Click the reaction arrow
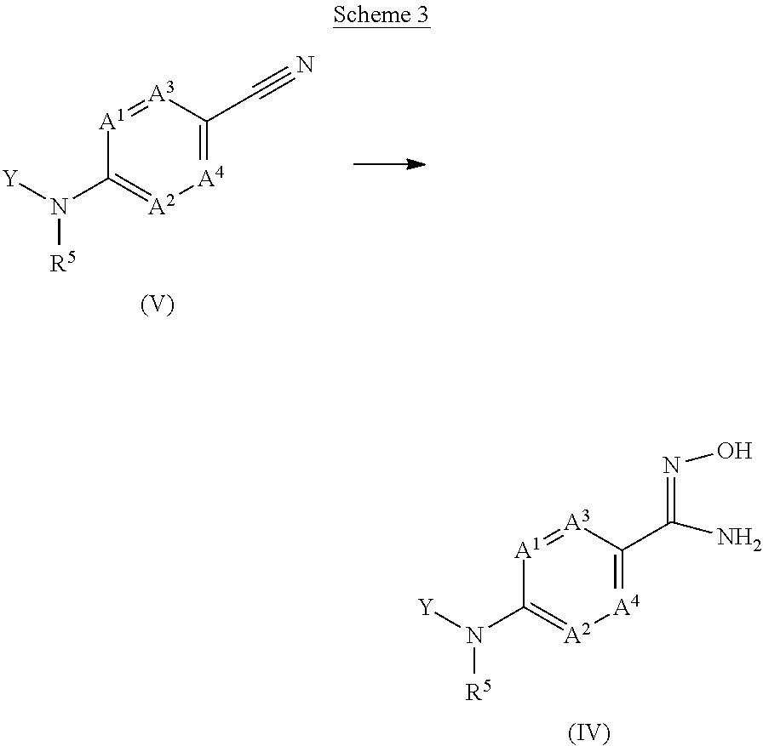[389, 163]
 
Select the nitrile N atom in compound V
[305, 64]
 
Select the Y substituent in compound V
[10, 179]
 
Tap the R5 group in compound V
[61, 262]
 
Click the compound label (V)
[157, 305]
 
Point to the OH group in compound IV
[734, 451]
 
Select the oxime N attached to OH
[670, 464]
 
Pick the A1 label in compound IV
[528, 551]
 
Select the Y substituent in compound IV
[427, 606]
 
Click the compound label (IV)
[589, 732]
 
